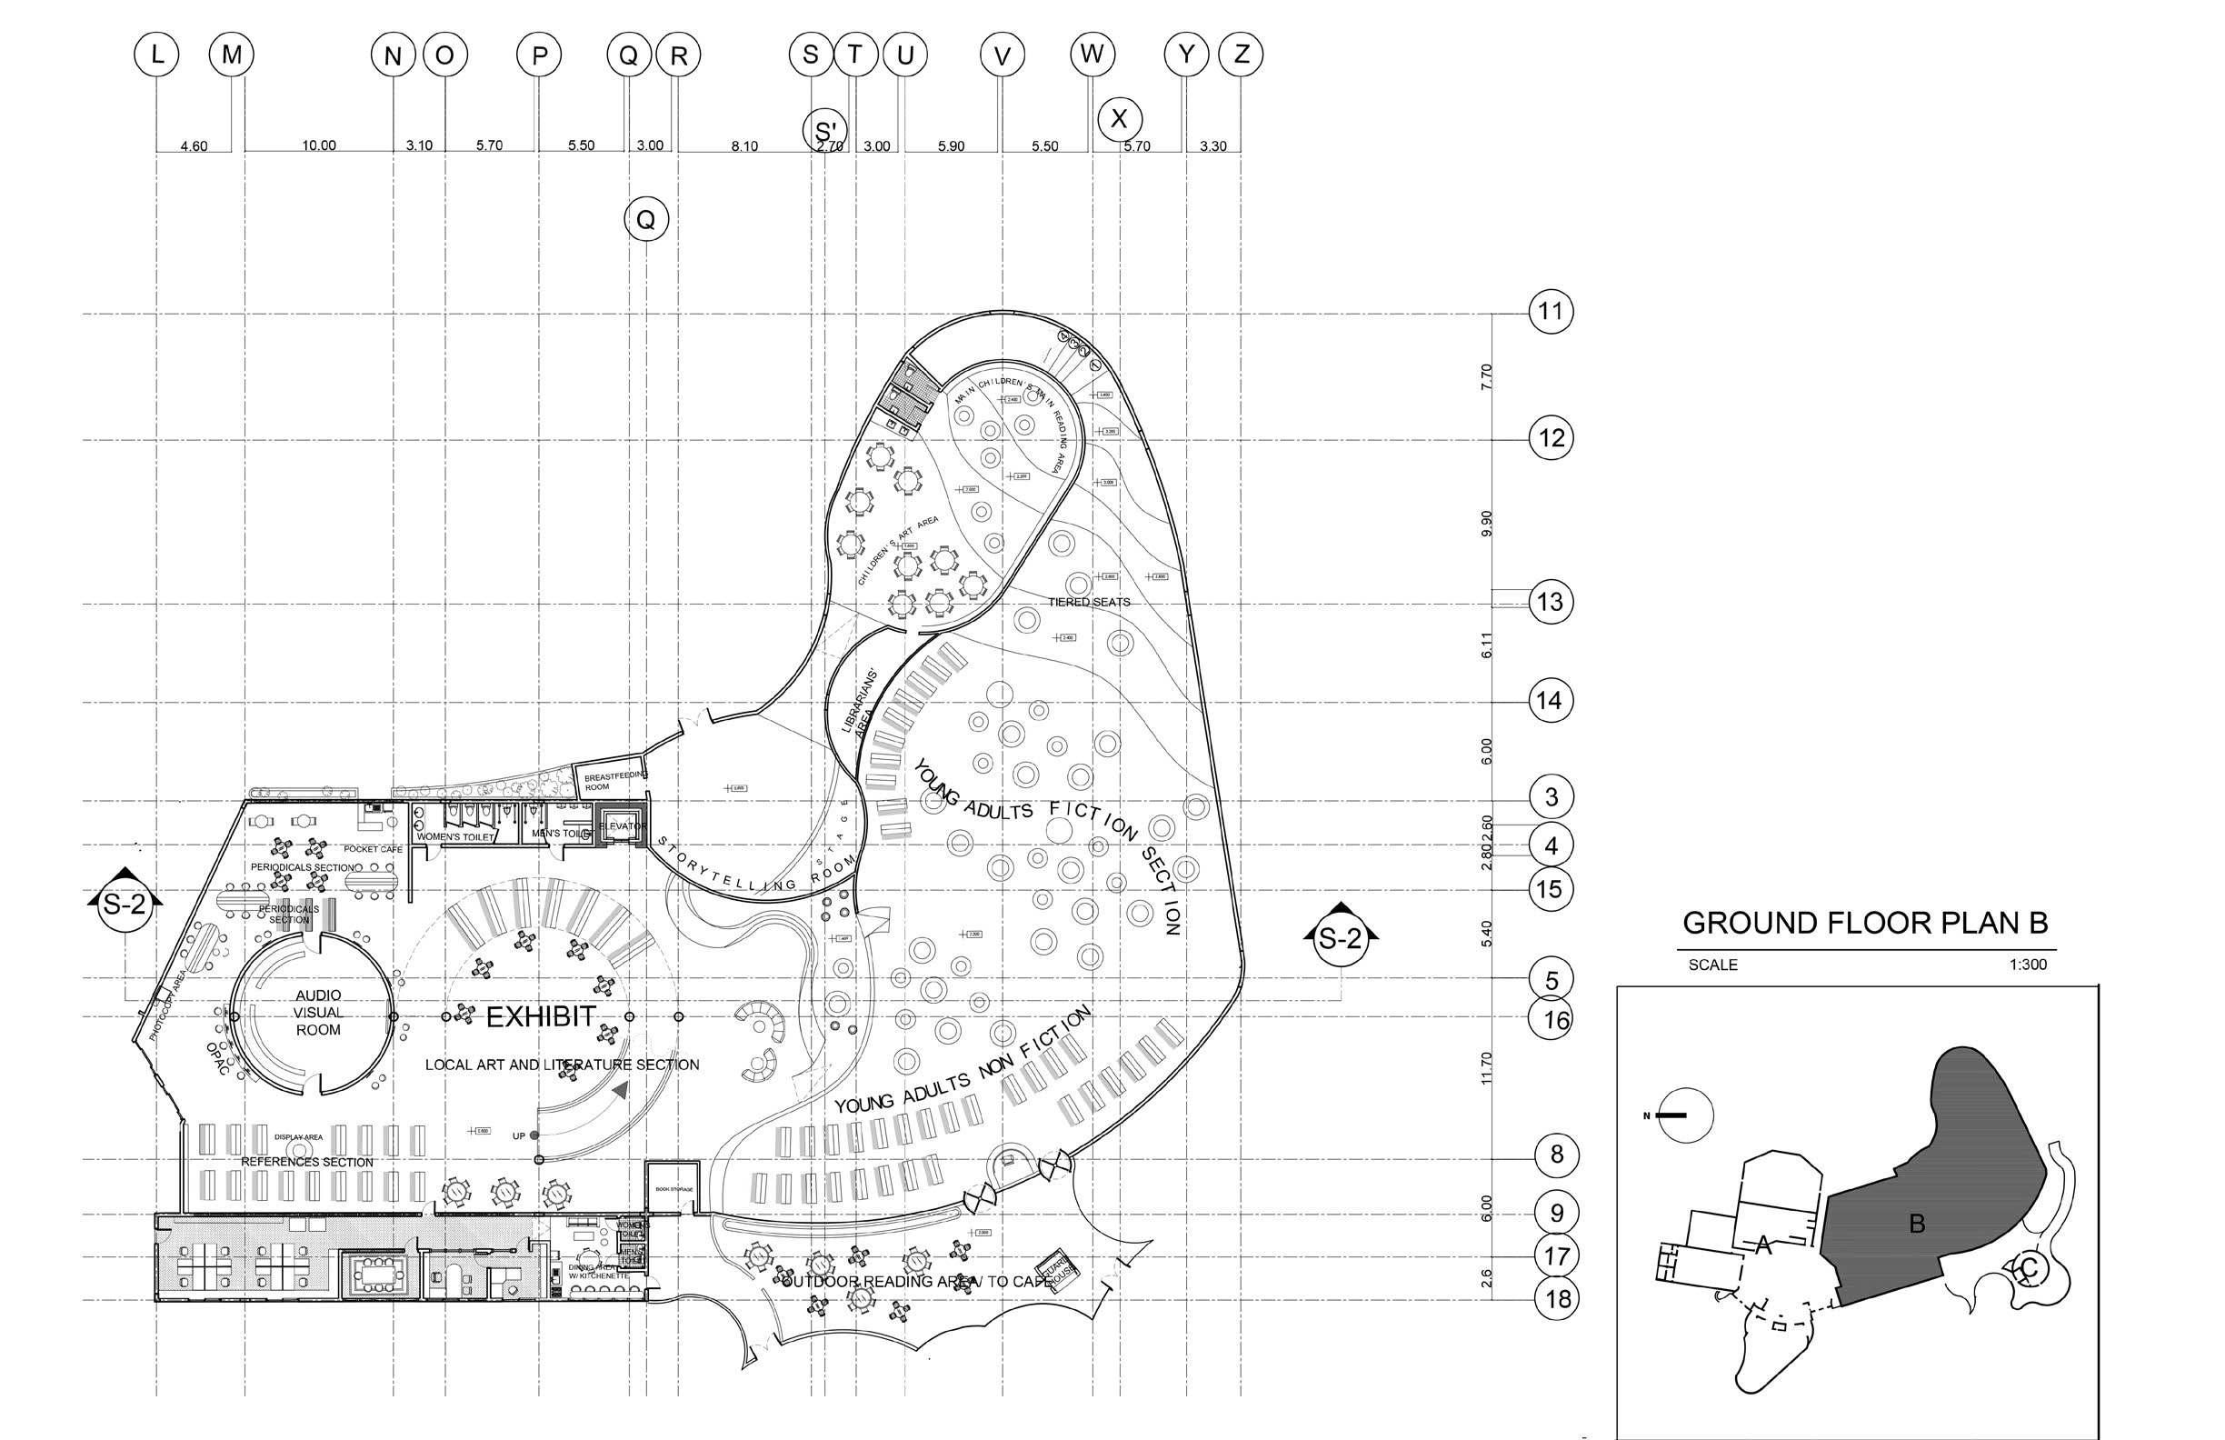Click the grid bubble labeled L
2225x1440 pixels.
coord(157,56)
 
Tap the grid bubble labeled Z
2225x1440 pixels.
coord(1241,55)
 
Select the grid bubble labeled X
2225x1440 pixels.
coord(1118,120)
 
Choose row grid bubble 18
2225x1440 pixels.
coord(1557,1299)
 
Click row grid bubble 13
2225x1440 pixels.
coord(1551,601)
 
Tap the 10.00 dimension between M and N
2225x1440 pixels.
coord(319,145)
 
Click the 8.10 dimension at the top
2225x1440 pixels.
coord(744,145)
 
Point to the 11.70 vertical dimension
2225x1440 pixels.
coord(1487,1070)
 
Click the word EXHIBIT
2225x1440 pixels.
coord(542,1017)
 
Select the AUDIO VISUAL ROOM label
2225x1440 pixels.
coord(318,1013)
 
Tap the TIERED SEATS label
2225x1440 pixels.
coord(1089,602)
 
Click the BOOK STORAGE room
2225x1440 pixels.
coord(673,1187)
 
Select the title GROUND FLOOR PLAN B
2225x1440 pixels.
coord(1865,924)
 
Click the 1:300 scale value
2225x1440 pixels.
coord(2028,964)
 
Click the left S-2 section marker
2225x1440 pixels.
coord(125,905)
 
